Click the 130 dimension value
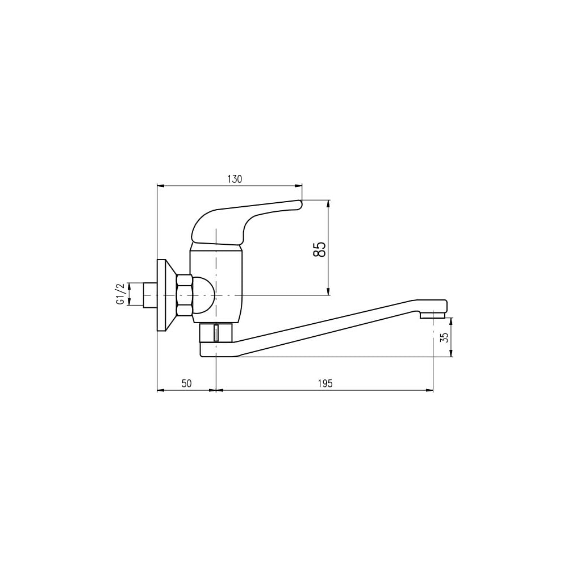235,179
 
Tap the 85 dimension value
319,249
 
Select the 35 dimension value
445,337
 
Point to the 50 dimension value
186,383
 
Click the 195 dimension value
325,383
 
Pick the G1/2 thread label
120,294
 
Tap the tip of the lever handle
300,204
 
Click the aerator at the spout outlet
432,316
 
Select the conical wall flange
165,295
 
